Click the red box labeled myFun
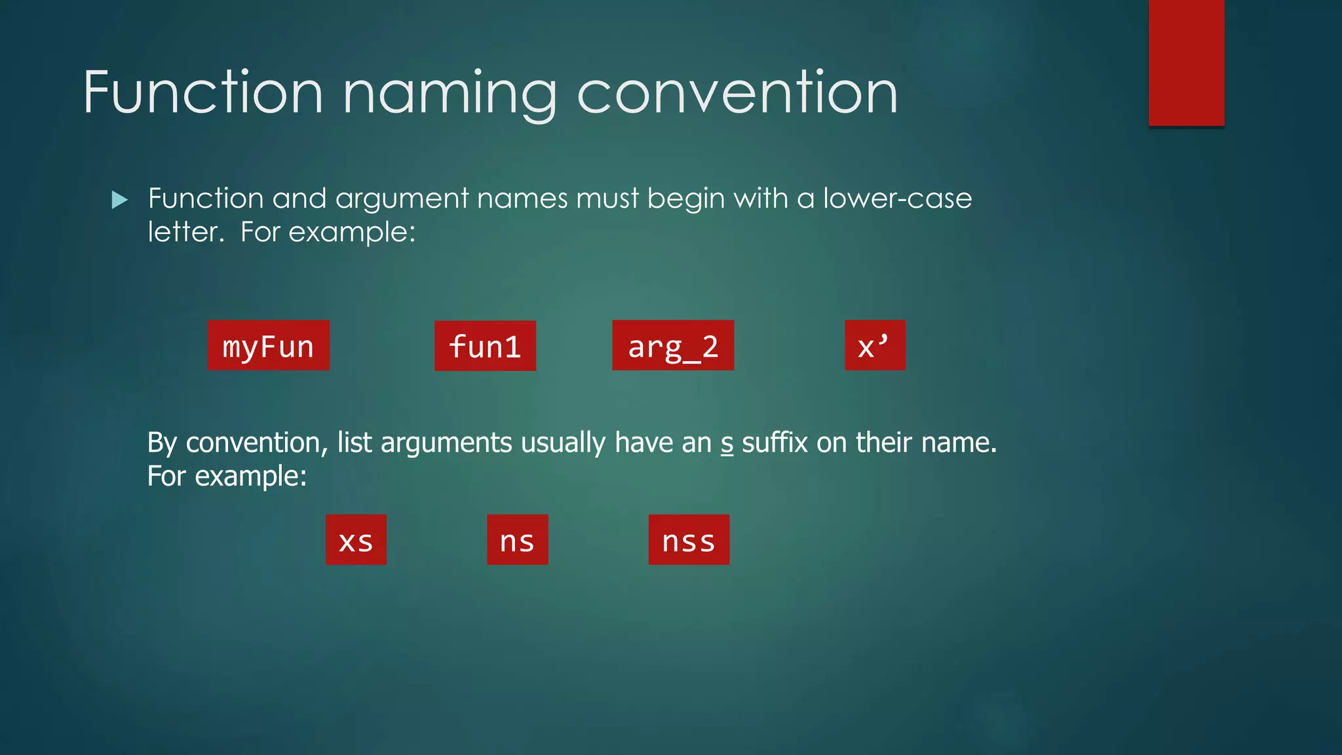(268, 345)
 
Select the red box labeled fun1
(485, 346)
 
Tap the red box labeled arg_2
(673, 345)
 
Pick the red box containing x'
(875, 345)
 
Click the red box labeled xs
(356, 540)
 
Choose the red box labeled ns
(517, 540)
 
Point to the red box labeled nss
(689, 540)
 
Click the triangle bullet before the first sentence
(120, 200)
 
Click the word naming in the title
(450, 93)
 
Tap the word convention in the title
(737, 93)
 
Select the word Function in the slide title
(203, 93)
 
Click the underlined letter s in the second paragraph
(727, 444)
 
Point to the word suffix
(775, 443)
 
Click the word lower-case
(897, 199)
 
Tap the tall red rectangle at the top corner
(1186, 62)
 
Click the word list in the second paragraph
(355, 443)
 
